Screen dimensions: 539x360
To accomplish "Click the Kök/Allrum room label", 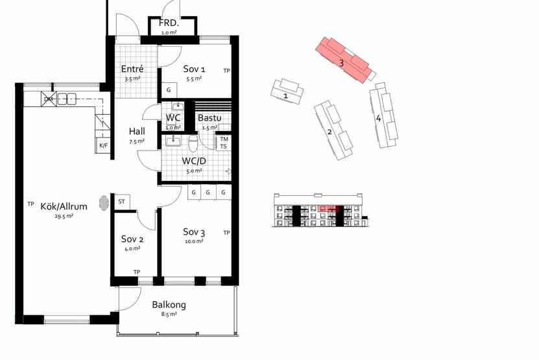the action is click(x=64, y=206).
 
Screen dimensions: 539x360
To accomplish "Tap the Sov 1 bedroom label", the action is click(x=194, y=69).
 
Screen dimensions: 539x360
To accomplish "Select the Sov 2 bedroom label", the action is click(x=132, y=239).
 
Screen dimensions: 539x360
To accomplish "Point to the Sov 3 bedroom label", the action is click(x=194, y=232).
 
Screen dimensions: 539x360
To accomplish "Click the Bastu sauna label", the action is click(x=210, y=118).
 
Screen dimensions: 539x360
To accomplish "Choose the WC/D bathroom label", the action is click(x=194, y=161).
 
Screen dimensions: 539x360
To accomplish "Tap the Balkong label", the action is click(x=169, y=305).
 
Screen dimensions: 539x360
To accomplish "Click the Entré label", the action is click(x=132, y=69).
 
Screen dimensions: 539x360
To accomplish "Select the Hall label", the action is click(x=137, y=131).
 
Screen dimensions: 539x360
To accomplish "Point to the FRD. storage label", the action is click(x=169, y=23).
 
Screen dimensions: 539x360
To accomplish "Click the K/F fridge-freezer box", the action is click(x=103, y=145).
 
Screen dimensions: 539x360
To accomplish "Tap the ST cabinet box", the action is click(x=122, y=202).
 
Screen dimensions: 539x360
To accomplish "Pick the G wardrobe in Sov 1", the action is click(x=169, y=90).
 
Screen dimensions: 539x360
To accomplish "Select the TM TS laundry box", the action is click(x=223, y=143).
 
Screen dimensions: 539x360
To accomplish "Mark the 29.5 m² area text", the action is click(x=64, y=216).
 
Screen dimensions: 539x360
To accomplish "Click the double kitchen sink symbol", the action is click(x=66, y=99).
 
